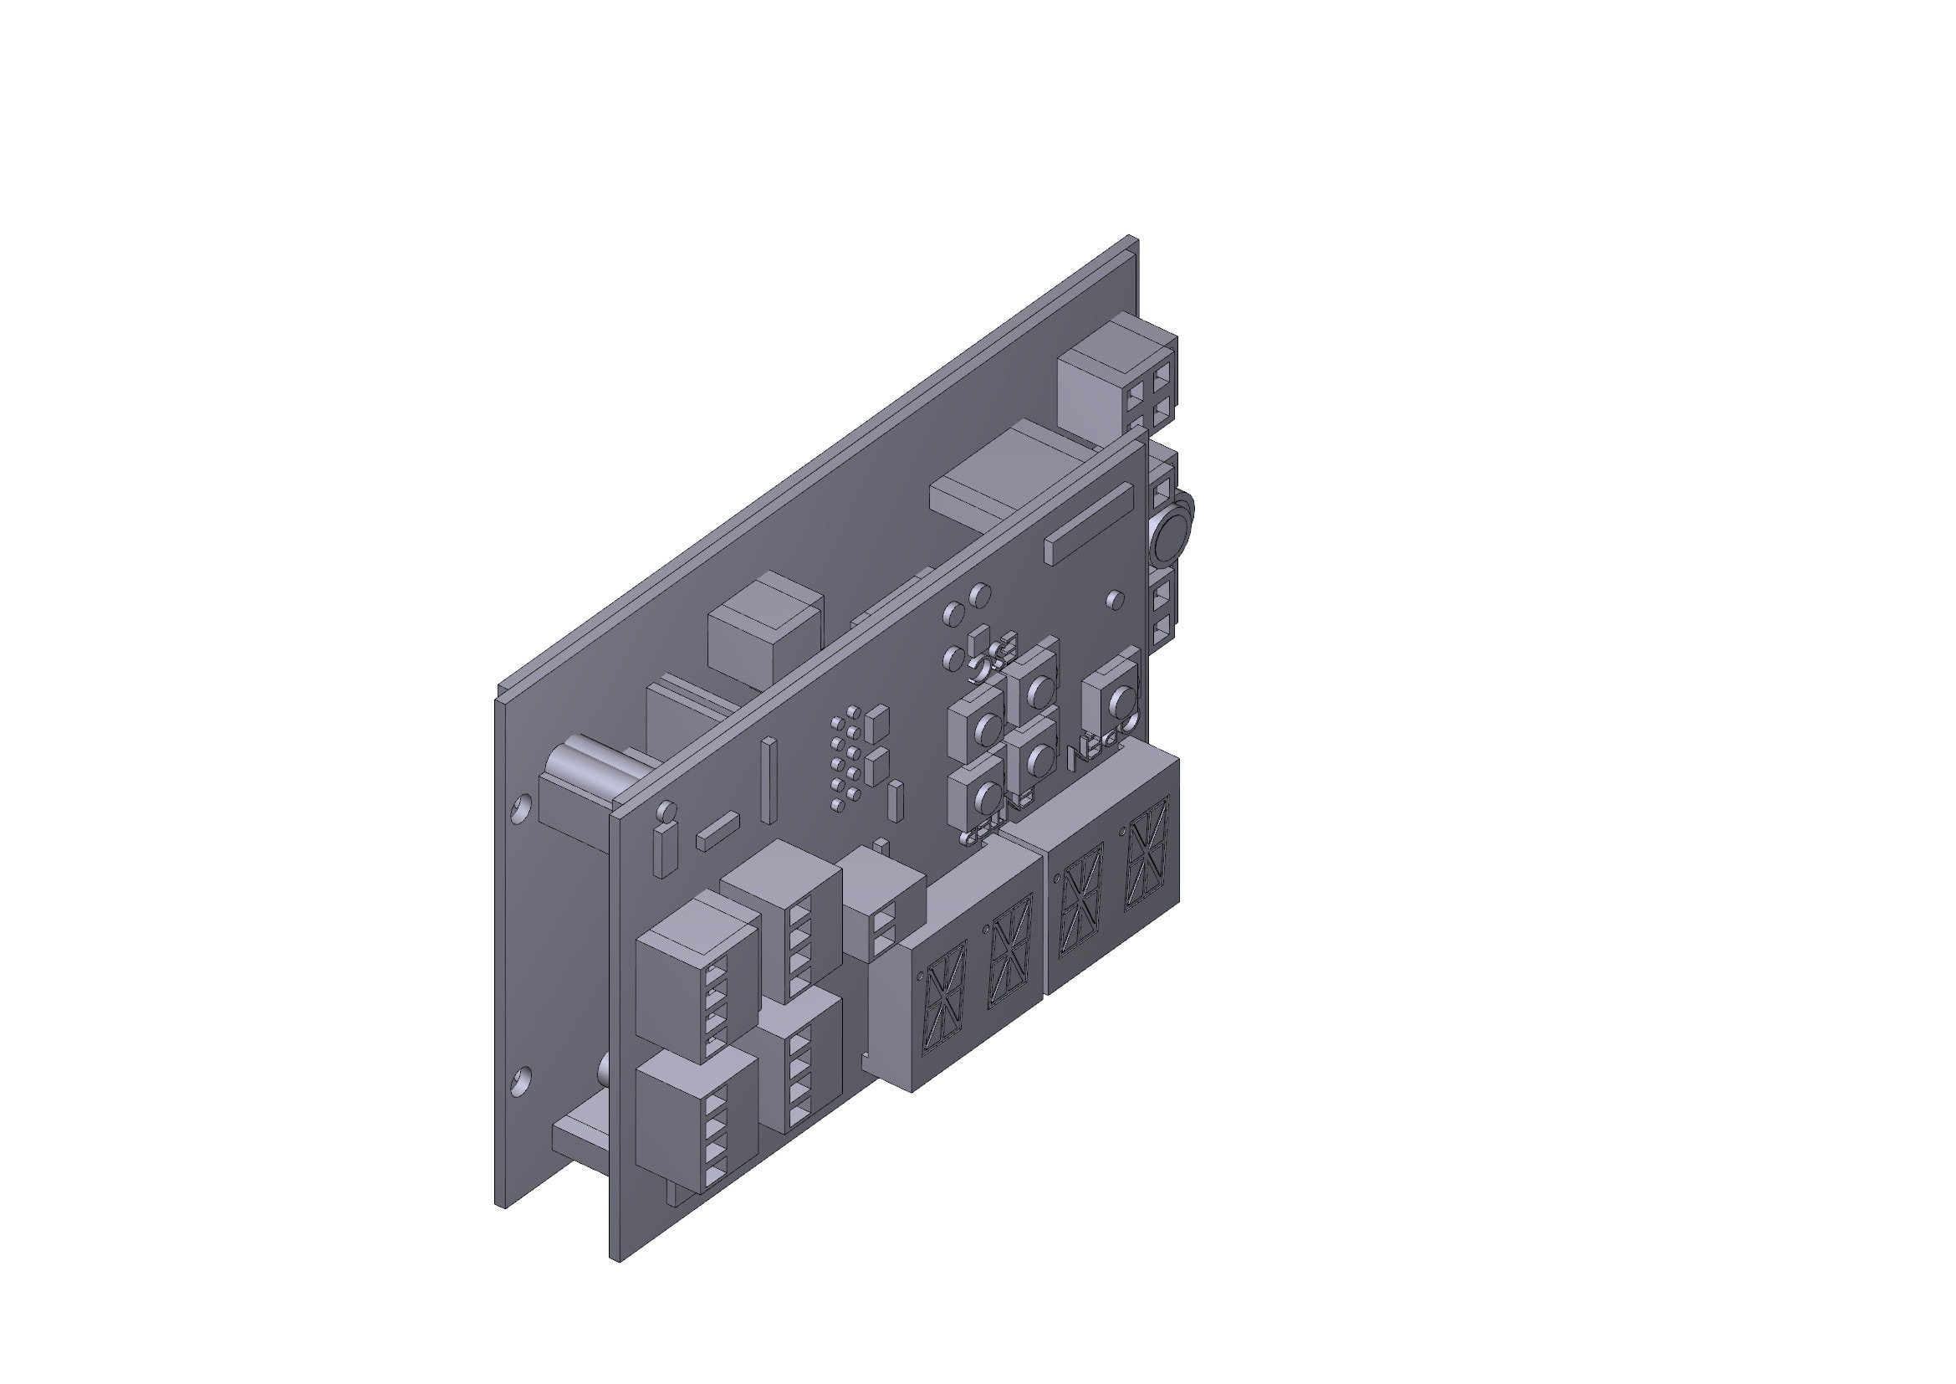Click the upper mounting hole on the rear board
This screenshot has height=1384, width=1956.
pyautogui.click(x=521, y=807)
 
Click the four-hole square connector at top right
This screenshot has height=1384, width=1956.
pyautogui.click(x=1148, y=403)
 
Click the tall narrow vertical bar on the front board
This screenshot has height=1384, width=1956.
pyautogui.click(x=769, y=780)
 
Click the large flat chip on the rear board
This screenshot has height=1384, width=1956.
pyautogui.click(x=1005, y=481)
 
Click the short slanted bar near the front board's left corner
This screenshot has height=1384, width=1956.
pyautogui.click(x=718, y=831)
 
